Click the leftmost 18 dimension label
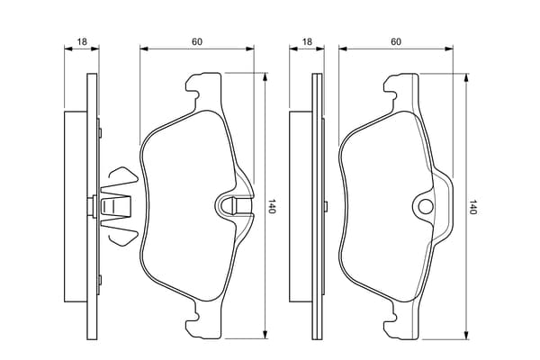82,42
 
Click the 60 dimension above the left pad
197,42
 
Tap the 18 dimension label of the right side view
307,42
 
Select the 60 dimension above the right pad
396,42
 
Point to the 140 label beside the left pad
272,206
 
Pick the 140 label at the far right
472,207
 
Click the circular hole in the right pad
426,207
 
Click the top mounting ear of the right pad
402,86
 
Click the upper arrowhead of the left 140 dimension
265,76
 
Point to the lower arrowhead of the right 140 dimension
466,335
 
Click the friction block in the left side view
76,207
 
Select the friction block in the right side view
301,207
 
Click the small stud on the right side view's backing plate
326,206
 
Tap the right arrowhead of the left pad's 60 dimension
249,49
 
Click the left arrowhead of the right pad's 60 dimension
344,49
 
